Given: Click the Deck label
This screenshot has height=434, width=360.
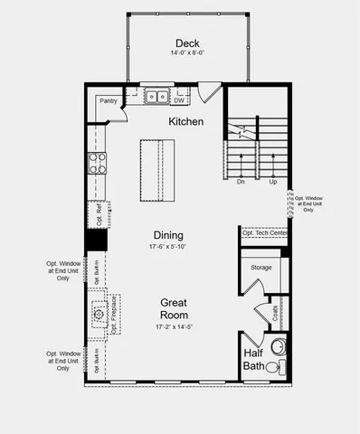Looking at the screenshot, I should [x=187, y=42].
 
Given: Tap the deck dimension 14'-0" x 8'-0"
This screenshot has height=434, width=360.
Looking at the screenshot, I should [x=187, y=53].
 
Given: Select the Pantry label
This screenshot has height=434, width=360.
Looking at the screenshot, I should [x=109, y=102].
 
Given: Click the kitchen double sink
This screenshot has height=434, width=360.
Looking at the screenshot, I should [x=156, y=94].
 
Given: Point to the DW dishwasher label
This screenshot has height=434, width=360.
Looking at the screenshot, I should [x=180, y=101].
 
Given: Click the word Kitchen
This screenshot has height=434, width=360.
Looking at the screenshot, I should [x=185, y=121].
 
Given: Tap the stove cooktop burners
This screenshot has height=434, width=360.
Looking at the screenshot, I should [x=97, y=164].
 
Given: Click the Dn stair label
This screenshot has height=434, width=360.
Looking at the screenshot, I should [x=241, y=182].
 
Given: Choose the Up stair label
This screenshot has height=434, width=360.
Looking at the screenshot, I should [x=272, y=182].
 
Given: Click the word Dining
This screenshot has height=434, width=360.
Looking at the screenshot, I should [x=168, y=234].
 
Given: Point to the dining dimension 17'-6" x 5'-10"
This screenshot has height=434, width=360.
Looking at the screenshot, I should [x=168, y=246].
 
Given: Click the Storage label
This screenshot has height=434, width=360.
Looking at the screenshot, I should [x=261, y=268].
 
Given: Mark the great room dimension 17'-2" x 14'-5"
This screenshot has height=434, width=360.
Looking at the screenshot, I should [x=173, y=326].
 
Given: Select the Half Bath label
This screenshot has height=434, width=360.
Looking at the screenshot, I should [x=252, y=359].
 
